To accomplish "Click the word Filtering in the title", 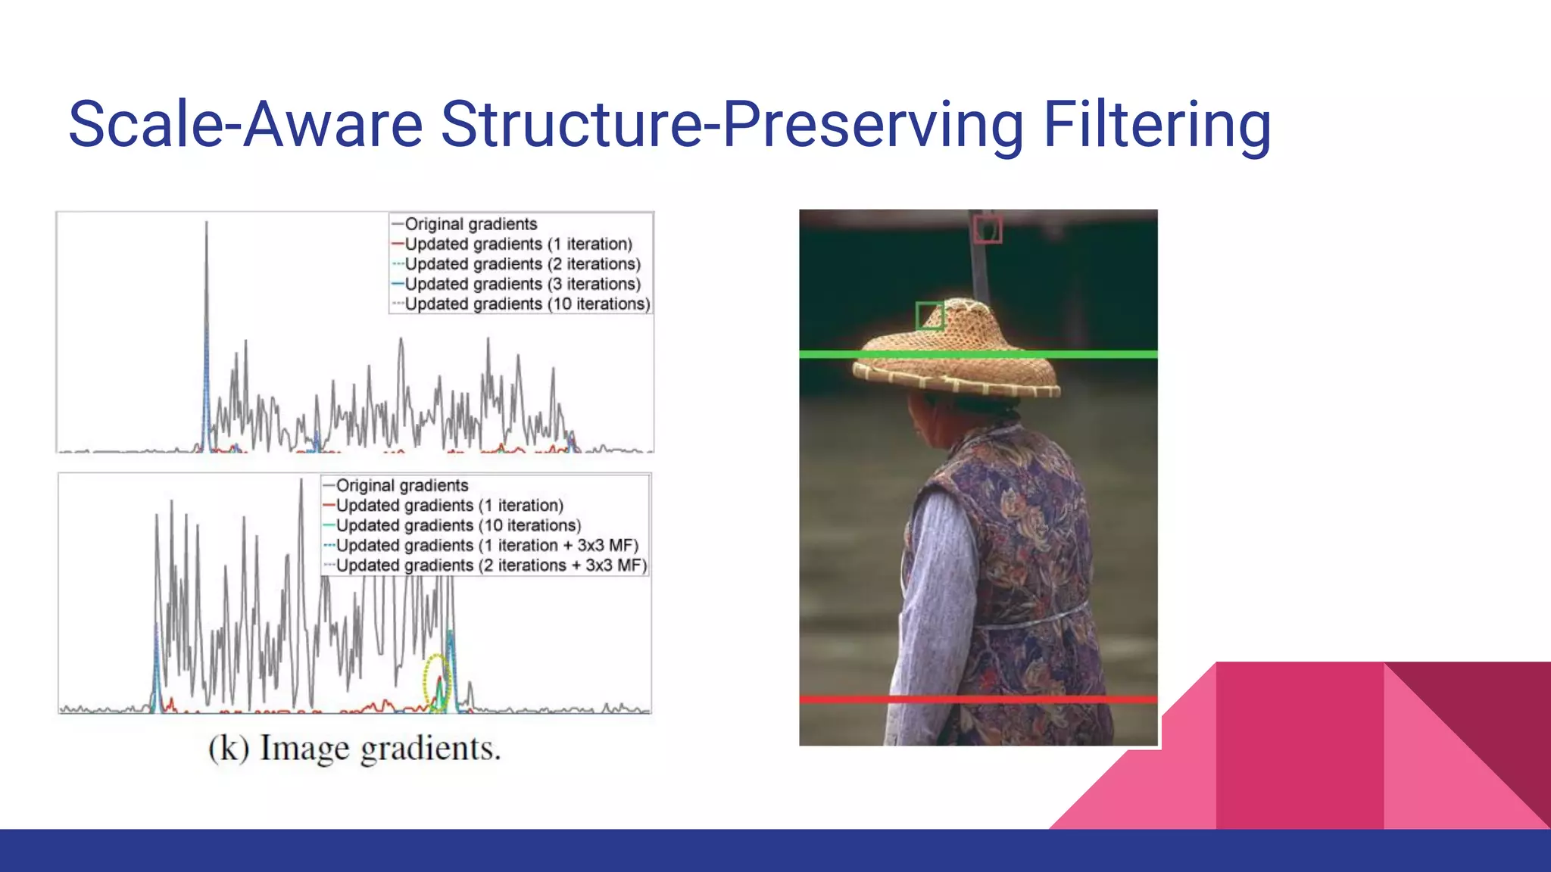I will (x=1156, y=125).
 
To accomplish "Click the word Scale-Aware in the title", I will (x=245, y=125).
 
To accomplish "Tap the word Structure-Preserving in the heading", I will (x=732, y=125).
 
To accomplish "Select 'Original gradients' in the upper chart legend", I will (x=470, y=224).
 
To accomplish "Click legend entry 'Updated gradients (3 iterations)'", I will (x=522, y=284).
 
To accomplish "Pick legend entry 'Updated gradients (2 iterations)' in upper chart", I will (x=522, y=264).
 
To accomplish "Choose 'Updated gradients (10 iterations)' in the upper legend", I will (x=527, y=304).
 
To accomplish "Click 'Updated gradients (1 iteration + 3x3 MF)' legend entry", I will (x=487, y=545).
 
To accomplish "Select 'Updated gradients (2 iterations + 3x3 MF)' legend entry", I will (x=491, y=565).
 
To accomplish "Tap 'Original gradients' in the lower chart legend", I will (x=401, y=485).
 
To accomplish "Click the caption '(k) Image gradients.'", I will (x=354, y=749).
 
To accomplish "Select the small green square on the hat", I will (x=929, y=316).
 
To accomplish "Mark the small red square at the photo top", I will (x=988, y=229).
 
